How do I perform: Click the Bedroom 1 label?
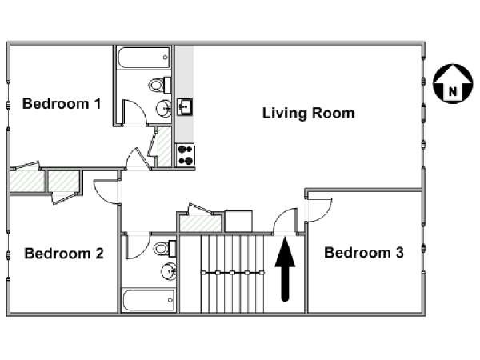pos(62,103)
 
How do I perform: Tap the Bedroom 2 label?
pos(64,253)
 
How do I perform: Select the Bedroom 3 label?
pos(364,252)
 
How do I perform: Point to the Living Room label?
pos(309,113)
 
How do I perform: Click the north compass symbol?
pos(453,83)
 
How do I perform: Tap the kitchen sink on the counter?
pos(185,106)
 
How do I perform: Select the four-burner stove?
pos(186,155)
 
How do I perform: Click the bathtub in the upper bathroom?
pos(143,58)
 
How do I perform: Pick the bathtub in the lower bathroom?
pos(148,300)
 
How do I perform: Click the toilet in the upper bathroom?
pos(160,85)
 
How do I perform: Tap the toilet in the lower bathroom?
pos(165,248)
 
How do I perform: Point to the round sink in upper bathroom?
pos(164,108)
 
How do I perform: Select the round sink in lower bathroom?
pos(169,271)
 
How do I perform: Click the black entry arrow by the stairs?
pos(285,270)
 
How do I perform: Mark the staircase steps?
pos(232,274)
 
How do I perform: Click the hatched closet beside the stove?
pos(164,147)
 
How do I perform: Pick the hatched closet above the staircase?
pos(200,223)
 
